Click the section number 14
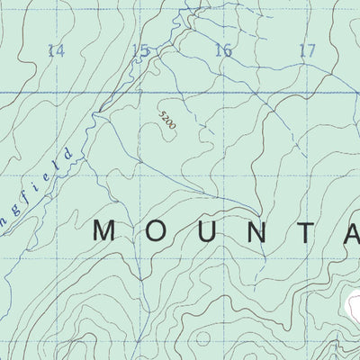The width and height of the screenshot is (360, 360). point(56,51)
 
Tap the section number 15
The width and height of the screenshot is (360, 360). point(139,51)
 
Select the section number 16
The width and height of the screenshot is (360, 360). point(223,51)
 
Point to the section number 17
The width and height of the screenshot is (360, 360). point(307,51)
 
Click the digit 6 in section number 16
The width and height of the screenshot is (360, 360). point(228,51)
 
